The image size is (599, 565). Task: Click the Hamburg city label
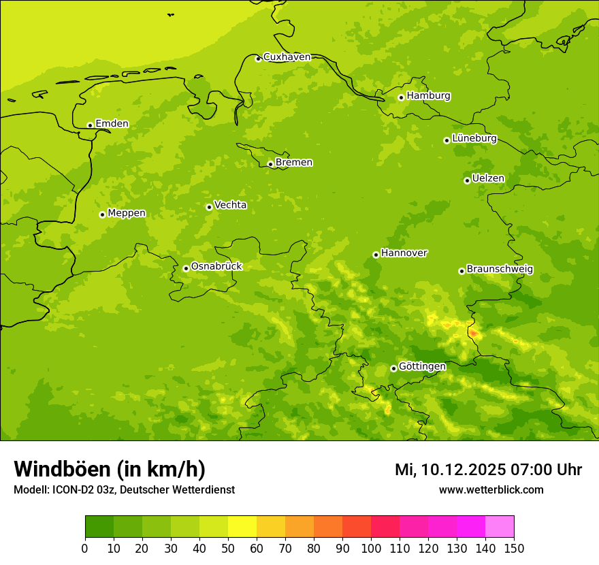(428, 96)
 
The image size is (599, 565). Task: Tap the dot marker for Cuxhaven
(258, 59)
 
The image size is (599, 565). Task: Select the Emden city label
(112, 124)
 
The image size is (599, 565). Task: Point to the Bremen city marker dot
(270, 164)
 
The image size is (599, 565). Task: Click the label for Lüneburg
(474, 138)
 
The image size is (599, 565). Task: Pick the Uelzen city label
(488, 178)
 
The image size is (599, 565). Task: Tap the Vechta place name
(230, 205)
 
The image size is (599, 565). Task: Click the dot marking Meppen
(102, 214)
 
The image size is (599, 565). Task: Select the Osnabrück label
(216, 266)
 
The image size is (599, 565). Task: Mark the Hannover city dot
(376, 255)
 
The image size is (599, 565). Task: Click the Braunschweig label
(500, 269)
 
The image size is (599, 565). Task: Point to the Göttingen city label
(422, 366)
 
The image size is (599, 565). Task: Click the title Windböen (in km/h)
(110, 469)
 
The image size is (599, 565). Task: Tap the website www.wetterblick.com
(491, 489)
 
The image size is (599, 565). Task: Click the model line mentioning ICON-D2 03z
(124, 489)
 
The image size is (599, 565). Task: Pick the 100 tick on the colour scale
(371, 548)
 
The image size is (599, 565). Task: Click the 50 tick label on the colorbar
(228, 548)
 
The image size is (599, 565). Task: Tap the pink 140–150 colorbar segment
(499, 526)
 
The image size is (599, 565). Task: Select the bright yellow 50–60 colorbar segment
(242, 526)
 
